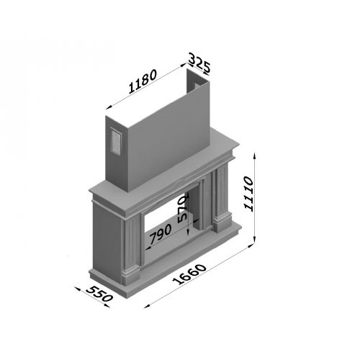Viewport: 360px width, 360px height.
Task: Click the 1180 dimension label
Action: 143,81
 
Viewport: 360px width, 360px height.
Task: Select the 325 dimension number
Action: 199,63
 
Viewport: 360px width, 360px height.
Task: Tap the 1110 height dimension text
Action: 248,194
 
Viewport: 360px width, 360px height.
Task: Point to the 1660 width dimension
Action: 189,274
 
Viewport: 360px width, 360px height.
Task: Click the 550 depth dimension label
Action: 99,294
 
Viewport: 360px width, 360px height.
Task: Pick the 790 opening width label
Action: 161,233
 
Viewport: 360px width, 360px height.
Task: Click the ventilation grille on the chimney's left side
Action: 116,142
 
